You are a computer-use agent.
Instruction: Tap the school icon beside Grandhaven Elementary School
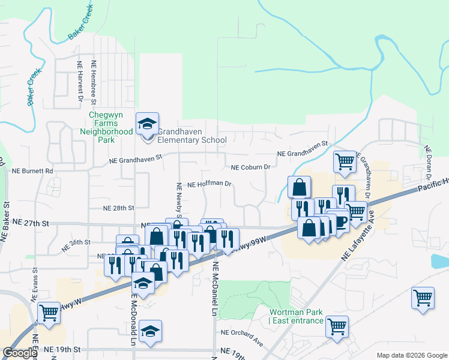tap(147, 124)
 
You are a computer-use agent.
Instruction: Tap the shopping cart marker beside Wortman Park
tap(337, 326)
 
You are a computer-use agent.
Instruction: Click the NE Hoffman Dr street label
tap(209, 184)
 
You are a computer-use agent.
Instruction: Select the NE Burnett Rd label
tap(32, 171)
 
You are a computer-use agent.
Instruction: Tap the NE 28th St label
tap(118, 208)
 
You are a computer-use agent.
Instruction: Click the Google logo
tap(20, 353)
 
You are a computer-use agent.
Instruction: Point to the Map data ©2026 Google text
tap(411, 355)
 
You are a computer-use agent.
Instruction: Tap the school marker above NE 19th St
tap(149, 331)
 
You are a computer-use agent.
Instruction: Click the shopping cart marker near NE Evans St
tap(49, 312)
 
